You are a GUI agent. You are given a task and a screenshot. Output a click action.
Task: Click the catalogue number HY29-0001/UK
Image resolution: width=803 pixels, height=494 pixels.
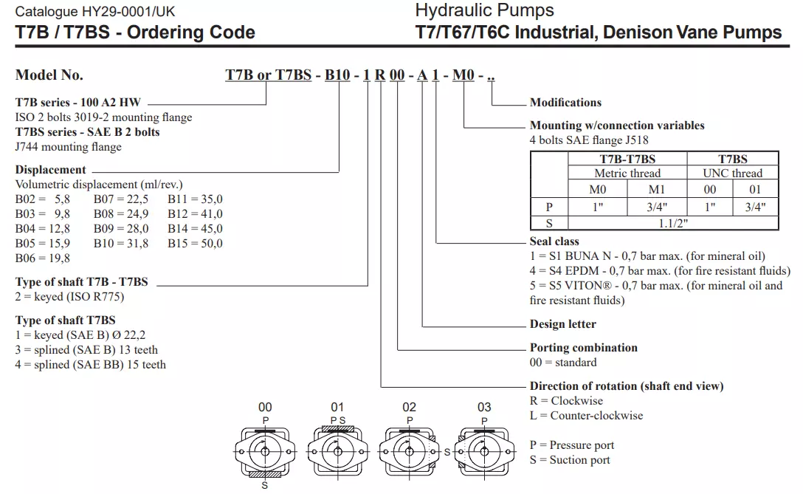[x=95, y=13]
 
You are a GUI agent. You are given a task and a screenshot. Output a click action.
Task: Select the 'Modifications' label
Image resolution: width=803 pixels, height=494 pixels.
[x=565, y=103]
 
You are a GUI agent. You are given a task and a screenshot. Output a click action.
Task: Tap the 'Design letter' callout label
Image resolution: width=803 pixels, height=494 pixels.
[x=562, y=324]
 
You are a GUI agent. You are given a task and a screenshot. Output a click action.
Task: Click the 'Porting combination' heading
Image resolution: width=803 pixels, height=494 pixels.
[x=583, y=348]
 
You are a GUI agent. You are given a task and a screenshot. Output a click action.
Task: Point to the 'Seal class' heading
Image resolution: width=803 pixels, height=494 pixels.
[x=554, y=241]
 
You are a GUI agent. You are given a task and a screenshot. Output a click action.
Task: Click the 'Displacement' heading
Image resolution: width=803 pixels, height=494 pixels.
[x=51, y=170]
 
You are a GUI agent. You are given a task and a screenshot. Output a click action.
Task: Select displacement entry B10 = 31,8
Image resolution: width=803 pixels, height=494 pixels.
[x=121, y=244]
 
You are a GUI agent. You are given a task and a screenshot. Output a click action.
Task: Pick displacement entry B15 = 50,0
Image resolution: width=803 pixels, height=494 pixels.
[x=195, y=244]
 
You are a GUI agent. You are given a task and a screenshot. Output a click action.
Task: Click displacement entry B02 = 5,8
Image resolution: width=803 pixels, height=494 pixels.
[x=43, y=199]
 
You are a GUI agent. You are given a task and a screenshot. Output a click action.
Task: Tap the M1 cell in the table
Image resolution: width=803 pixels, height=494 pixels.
[x=656, y=190]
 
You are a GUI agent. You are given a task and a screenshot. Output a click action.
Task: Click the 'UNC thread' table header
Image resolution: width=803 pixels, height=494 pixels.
[x=732, y=174]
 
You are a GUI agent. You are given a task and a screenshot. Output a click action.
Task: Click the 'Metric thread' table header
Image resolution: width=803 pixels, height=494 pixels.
[x=627, y=174]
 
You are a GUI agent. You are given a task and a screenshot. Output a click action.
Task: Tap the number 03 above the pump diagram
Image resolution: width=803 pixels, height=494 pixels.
[x=484, y=408]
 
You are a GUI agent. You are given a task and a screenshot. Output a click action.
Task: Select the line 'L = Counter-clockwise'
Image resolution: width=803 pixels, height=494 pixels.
[x=586, y=416]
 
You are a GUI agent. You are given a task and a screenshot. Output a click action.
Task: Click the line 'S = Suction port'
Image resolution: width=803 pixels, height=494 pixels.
[x=570, y=460]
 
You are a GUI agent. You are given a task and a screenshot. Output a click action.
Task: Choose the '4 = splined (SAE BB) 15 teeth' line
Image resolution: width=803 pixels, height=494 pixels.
[x=91, y=365]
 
